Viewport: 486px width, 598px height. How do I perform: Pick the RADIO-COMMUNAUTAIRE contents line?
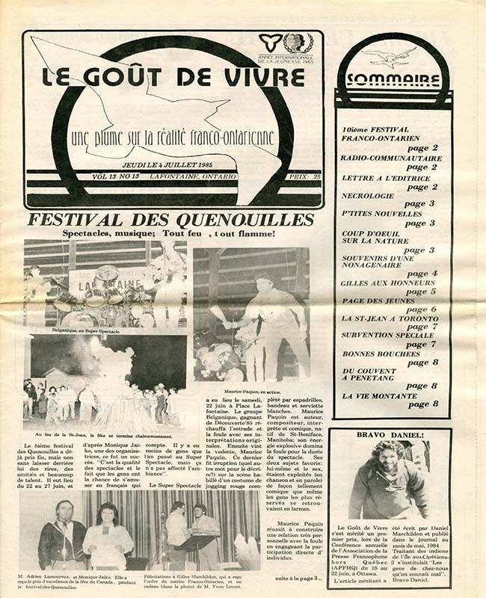391,158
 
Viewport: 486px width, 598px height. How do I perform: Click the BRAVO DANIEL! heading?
389,434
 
